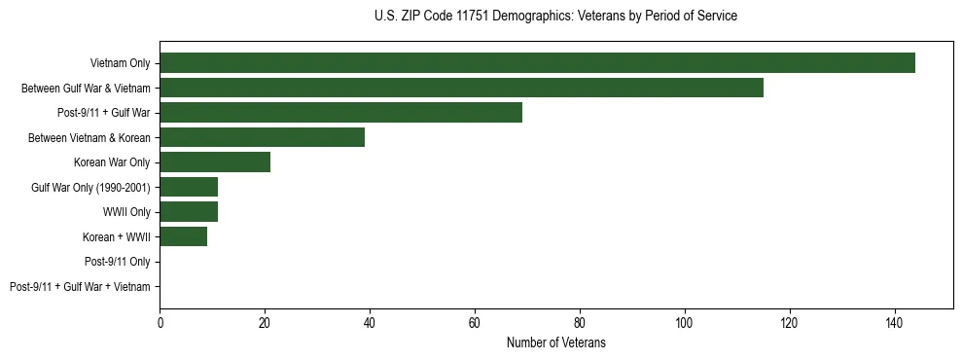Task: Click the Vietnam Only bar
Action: coord(537,63)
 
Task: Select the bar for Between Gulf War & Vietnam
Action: coord(461,88)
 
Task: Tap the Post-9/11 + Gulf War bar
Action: coord(340,113)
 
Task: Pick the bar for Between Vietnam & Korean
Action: coord(262,137)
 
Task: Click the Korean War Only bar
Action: coord(215,162)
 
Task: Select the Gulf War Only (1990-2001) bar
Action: coord(189,187)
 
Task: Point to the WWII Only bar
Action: coord(189,212)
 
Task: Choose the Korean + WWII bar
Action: coord(183,236)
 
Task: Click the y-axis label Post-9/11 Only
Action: coord(117,262)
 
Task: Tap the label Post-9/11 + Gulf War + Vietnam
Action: coord(80,287)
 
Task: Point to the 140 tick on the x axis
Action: coord(894,323)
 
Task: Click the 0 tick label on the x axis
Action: coord(160,323)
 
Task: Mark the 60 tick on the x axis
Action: coord(475,323)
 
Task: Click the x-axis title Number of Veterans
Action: coord(555,342)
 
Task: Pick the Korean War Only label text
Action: coord(112,162)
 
